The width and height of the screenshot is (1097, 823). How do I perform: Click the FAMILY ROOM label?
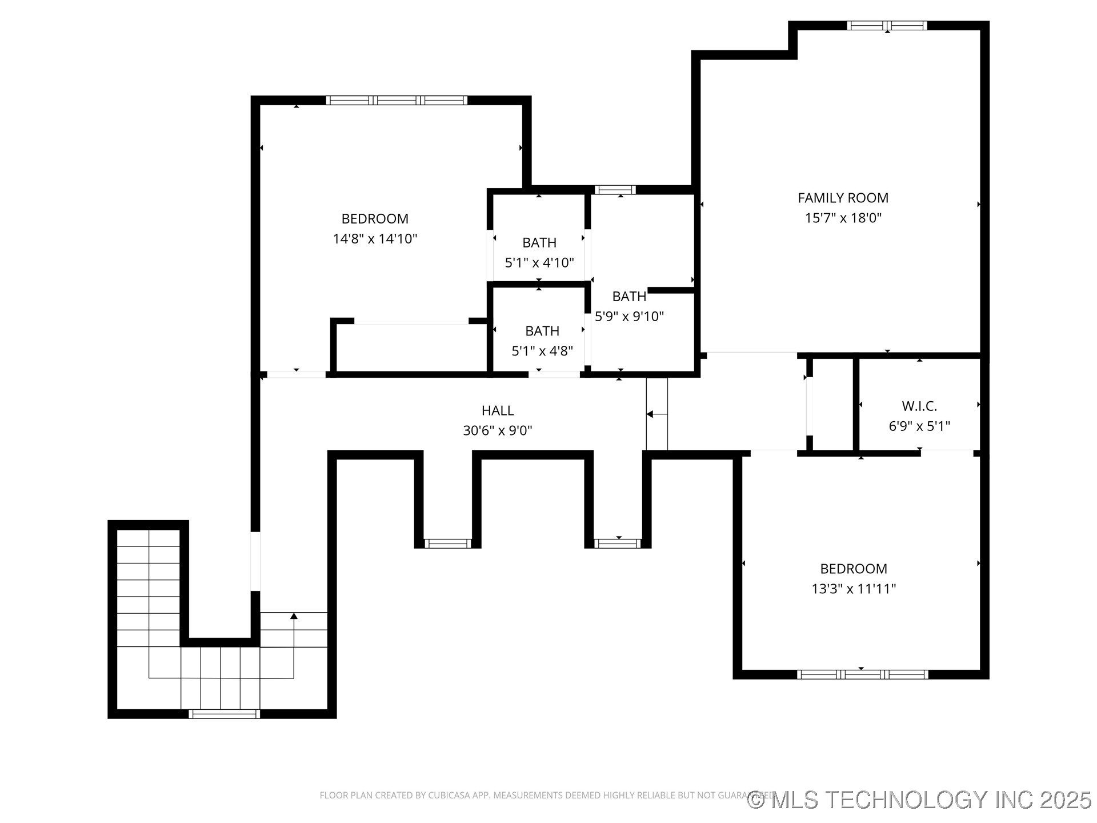(843, 198)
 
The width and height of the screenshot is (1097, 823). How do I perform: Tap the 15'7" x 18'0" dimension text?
(843, 218)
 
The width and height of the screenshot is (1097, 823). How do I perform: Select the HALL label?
(497, 410)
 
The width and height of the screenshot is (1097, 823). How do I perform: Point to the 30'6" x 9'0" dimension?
(497, 430)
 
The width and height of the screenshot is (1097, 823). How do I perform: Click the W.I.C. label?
(919, 406)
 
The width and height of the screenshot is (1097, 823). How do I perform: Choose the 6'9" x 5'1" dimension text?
(919, 426)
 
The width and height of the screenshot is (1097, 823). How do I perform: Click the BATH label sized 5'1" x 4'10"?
(539, 243)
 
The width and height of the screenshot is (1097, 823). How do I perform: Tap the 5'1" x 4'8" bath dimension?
(542, 351)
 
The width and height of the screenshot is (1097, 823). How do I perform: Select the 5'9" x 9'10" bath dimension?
(629, 317)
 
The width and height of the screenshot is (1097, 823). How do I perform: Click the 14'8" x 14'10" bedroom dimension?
(375, 239)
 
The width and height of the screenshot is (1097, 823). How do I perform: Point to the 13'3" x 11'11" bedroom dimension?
(853, 589)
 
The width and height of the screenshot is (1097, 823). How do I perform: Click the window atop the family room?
(886, 25)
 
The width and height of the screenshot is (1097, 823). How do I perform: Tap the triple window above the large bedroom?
(397, 100)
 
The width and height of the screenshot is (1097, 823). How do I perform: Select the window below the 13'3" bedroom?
(862, 674)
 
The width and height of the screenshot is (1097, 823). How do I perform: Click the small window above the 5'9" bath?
(615, 190)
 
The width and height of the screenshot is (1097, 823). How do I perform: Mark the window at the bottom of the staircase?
(224, 713)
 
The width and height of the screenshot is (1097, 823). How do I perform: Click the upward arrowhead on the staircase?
(294, 616)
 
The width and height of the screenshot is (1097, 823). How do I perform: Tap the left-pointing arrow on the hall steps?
(650, 414)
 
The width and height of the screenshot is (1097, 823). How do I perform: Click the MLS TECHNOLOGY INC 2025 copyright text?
(920, 800)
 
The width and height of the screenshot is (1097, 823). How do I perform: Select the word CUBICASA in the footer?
(448, 796)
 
